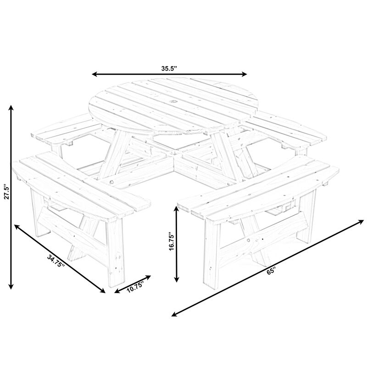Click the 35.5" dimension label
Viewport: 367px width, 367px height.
pyautogui.click(x=169, y=68)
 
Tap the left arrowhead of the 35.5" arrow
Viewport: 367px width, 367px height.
pyautogui.click(x=95, y=74)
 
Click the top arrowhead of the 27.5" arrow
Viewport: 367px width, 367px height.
pyautogui.click(x=11, y=109)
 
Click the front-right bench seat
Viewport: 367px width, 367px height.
pyautogui.click(x=257, y=188)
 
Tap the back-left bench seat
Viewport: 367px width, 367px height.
pyautogui.click(x=67, y=131)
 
